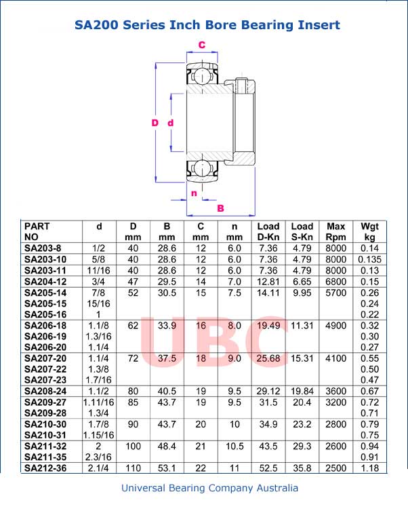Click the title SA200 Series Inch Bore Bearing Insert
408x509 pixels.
207,25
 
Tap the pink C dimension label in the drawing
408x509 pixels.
201,45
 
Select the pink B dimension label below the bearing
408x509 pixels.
220,208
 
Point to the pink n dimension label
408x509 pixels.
194,193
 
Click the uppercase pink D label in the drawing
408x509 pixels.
155,123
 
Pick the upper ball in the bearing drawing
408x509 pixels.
201,73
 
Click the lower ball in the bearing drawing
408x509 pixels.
201,169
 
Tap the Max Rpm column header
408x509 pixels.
335,231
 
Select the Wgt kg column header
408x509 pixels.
369,231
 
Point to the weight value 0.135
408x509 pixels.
369,259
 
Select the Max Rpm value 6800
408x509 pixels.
335,282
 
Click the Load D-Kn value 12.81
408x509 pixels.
268,282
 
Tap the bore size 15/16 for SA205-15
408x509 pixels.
100,303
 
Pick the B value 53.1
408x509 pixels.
166,468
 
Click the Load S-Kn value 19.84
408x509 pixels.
302,391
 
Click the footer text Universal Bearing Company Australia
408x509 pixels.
209,488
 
